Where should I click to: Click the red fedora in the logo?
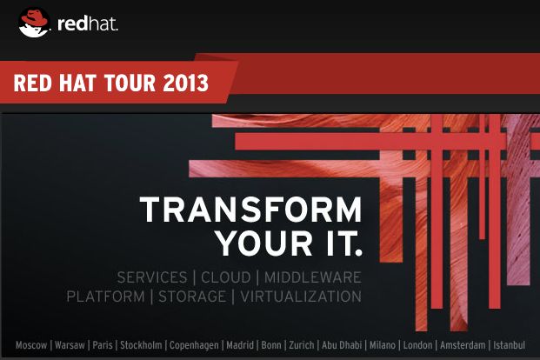(x=34, y=18)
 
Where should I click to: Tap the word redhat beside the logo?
(x=88, y=24)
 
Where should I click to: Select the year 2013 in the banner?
(x=185, y=83)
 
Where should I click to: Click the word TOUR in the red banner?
(x=130, y=83)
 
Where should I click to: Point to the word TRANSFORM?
(x=250, y=210)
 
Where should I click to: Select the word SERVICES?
(x=152, y=277)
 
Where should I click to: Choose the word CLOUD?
(x=225, y=277)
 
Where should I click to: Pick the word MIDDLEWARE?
(x=313, y=277)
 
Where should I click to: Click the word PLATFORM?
(x=105, y=297)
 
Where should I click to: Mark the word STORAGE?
(x=192, y=297)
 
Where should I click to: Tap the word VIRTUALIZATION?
(x=301, y=297)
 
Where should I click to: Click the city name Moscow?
(x=31, y=345)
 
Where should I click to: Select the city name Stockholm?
(x=141, y=345)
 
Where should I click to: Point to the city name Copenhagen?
(x=194, y=345)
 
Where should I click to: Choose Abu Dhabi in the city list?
(x=342, y=345)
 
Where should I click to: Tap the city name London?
(x=417, y=345)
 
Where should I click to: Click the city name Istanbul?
(x=510, y=345)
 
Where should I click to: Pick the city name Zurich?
(x=302, y=345)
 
